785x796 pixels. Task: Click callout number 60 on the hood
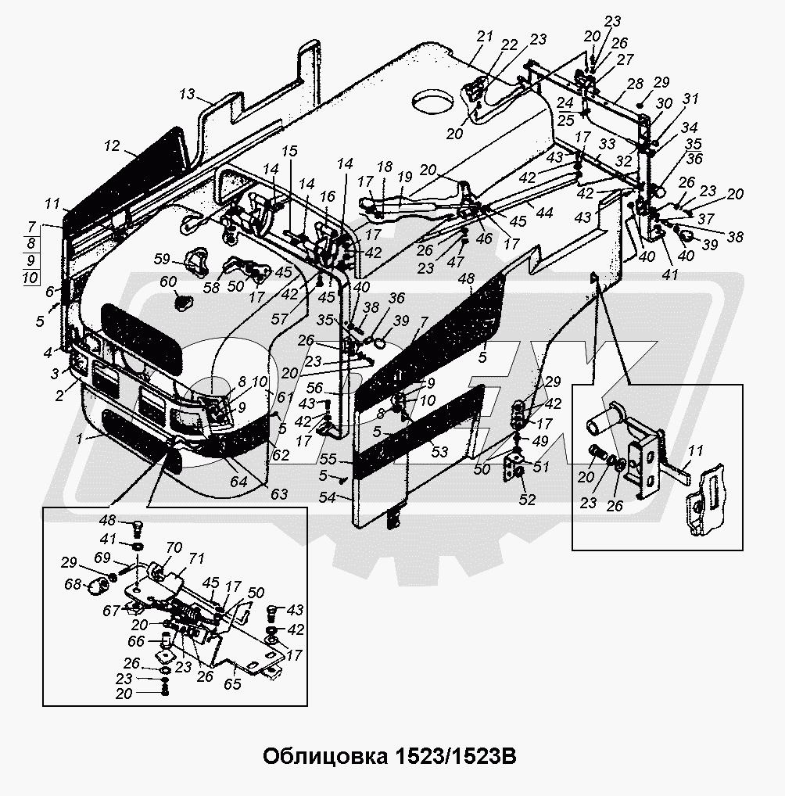point(168,281)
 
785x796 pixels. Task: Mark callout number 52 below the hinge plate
point(528,500)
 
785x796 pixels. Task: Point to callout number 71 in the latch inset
point(195,558)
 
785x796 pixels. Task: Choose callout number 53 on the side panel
point(439,451)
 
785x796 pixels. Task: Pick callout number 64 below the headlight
point(237,482)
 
